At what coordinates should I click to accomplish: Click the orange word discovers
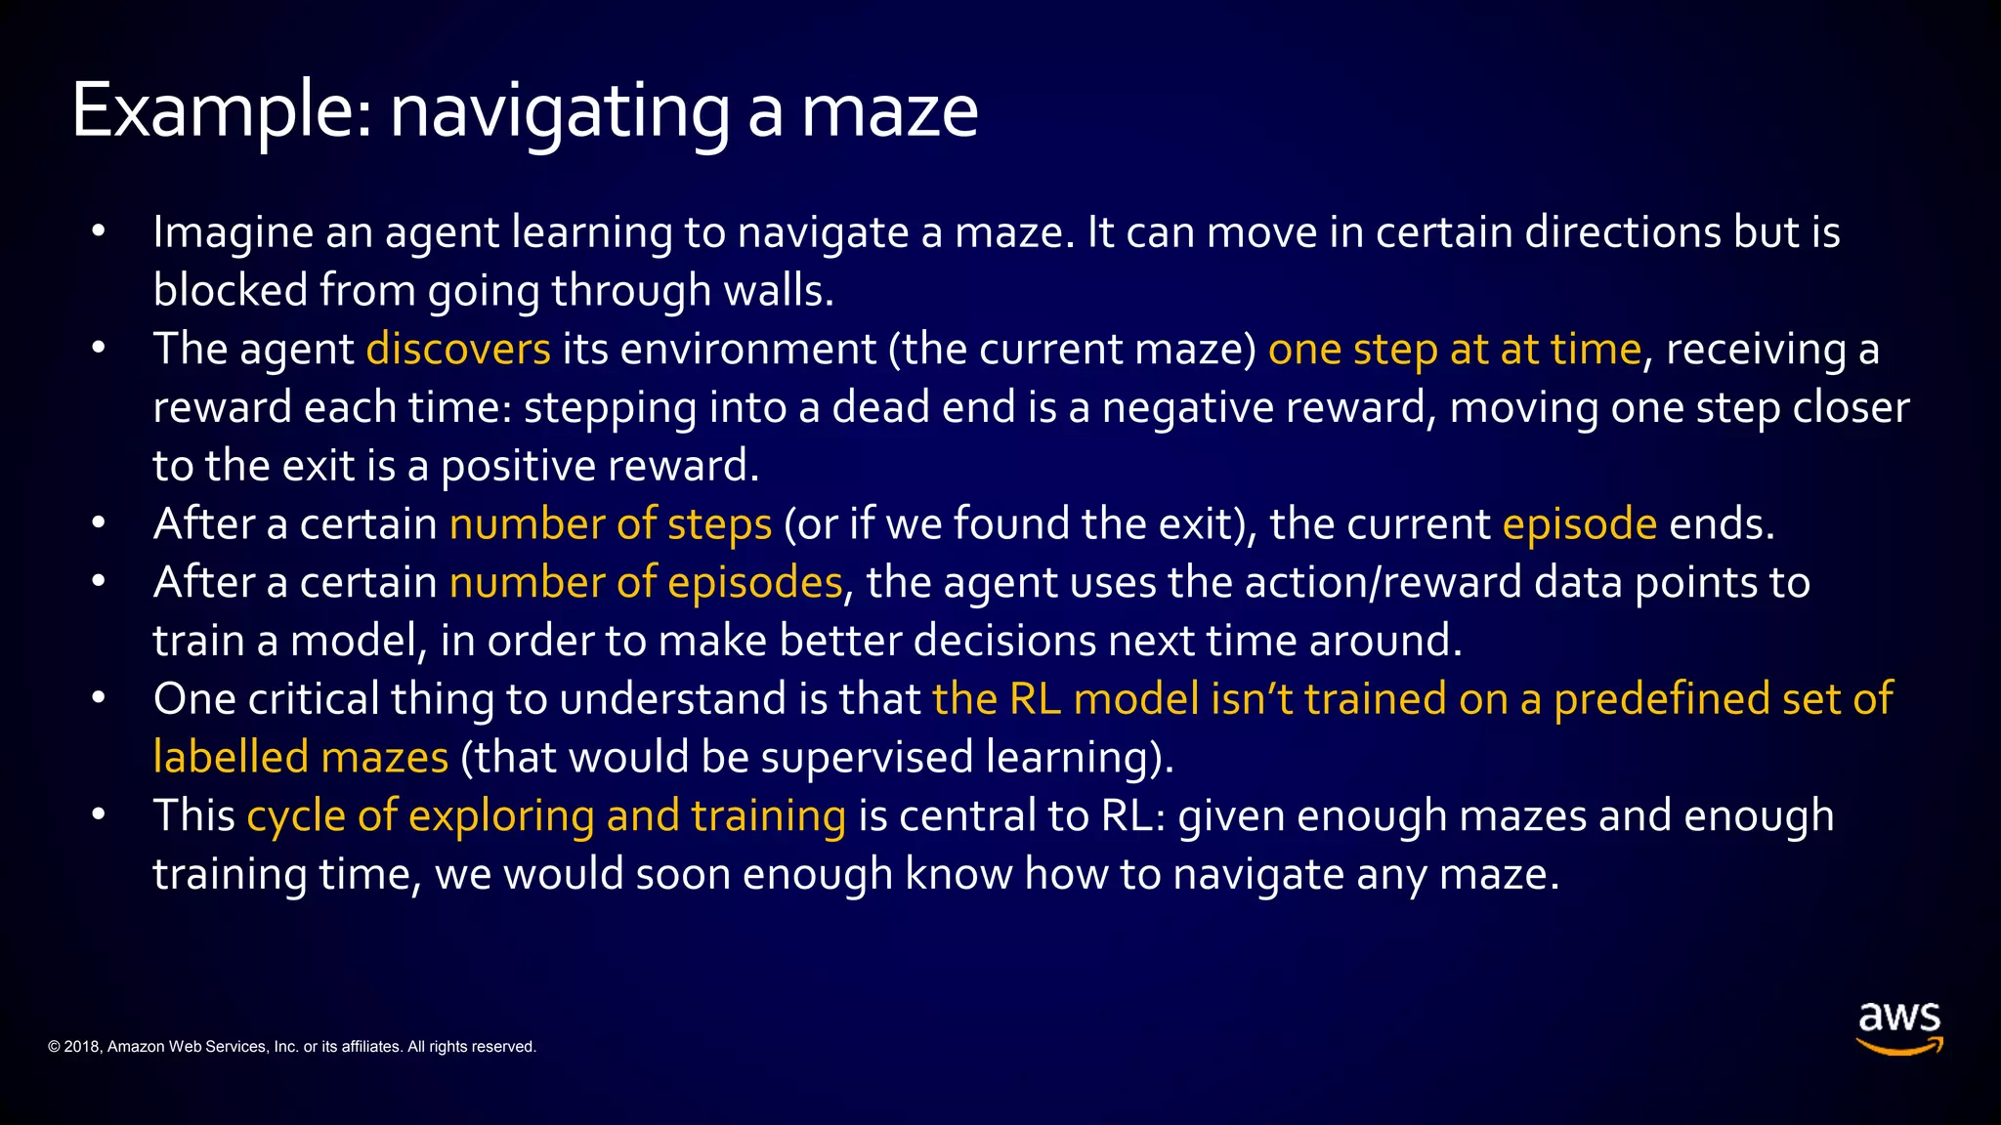click(458, 350)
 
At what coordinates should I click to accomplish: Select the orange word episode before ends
click(1579, 524)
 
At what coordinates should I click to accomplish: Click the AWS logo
click(1898, 1027)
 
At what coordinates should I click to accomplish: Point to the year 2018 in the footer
click(81, 1047)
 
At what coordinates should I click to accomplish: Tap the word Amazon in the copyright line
click(136, 1047)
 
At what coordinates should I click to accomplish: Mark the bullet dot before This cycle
click(98, 814)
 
